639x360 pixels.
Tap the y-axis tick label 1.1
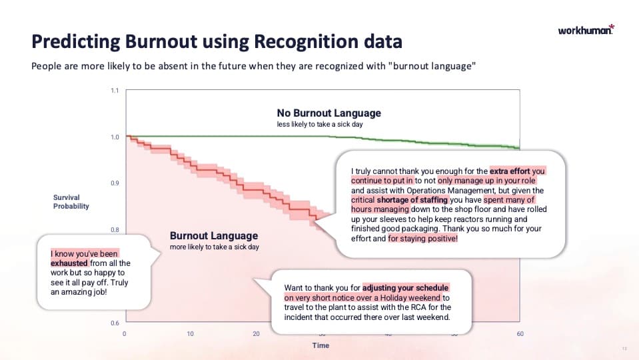point(115,91)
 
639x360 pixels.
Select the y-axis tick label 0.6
point(115,323)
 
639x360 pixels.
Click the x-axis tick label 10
point(190,334)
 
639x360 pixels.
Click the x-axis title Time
point(321,346)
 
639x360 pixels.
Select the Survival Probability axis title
point(71,201)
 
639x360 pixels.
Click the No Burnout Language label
point(328,113)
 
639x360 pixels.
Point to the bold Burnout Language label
point(213,236)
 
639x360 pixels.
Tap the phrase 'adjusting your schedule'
point(406,288)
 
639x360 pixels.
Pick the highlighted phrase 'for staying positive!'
point(422,239)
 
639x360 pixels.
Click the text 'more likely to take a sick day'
point(214,247)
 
